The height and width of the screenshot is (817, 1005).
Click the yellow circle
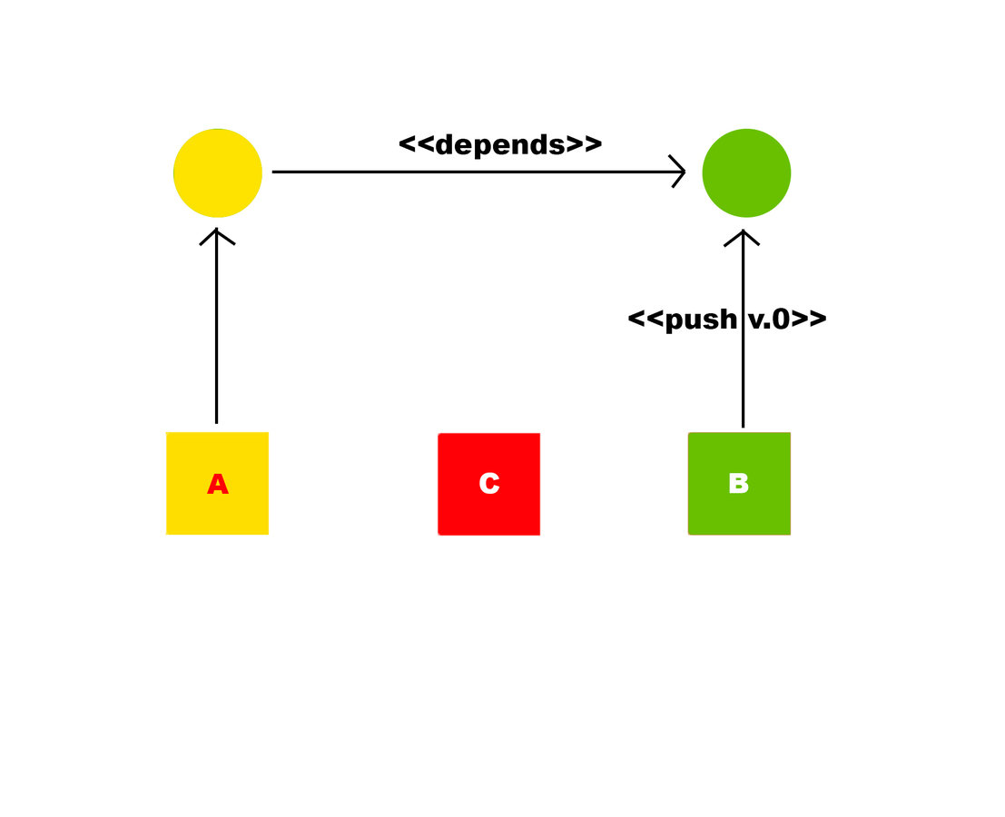click(x=218, y=172)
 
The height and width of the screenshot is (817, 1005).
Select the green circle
click(x=746, y=172)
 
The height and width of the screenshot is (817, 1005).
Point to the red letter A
click(x=217, y=485)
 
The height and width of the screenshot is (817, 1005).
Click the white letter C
click(x=488, y=484)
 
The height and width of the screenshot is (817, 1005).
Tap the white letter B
click(x=738, y=484)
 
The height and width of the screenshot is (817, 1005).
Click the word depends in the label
click(x=500, y=145)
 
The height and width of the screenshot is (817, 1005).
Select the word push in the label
click(x=701, y=320)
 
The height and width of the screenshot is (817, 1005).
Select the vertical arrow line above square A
click(x=216, y=336)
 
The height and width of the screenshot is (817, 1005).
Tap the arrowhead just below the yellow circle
click(x=216, y=235)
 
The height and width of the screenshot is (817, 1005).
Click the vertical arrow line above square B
click(x=743, y=381)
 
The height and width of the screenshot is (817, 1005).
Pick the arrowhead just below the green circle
click(x=743, y=236)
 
